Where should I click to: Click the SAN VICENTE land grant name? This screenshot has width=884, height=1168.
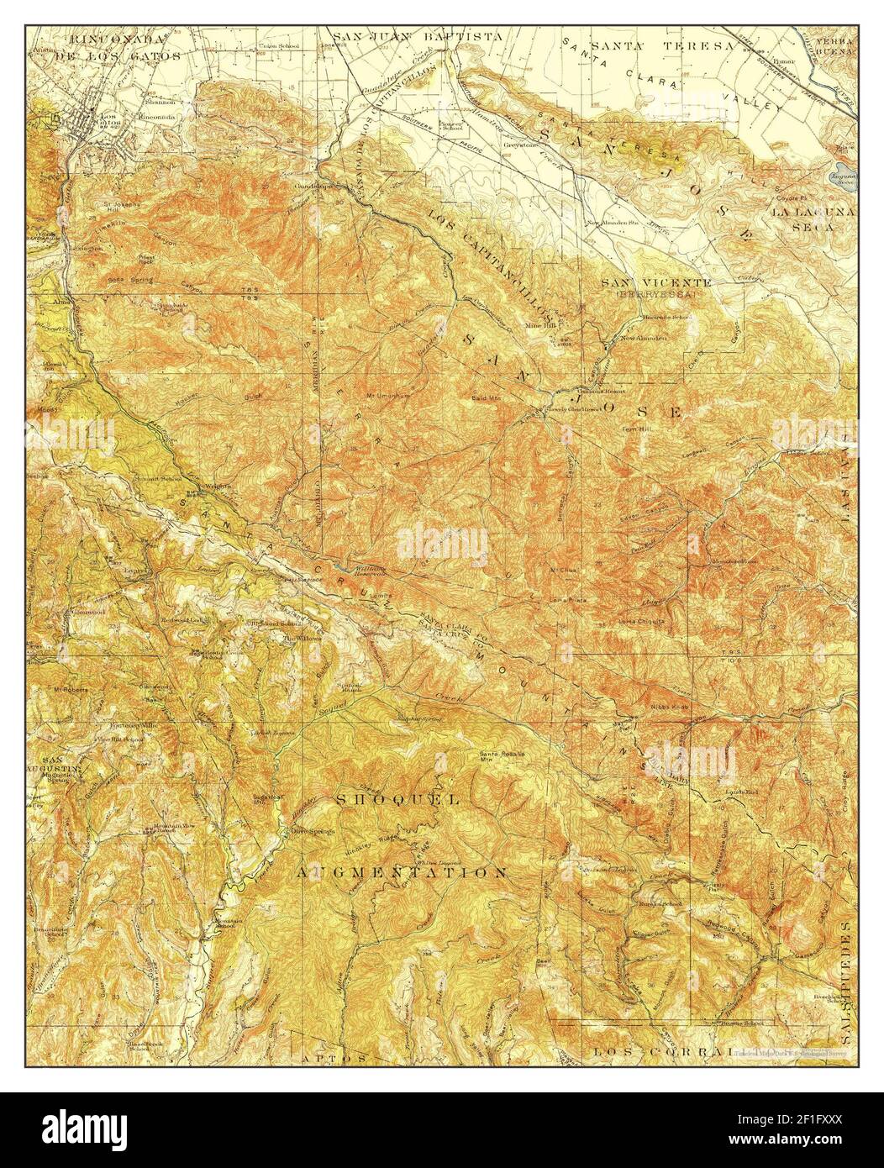click(656, 282)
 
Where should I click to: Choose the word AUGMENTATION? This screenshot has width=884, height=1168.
click(401, 872)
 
